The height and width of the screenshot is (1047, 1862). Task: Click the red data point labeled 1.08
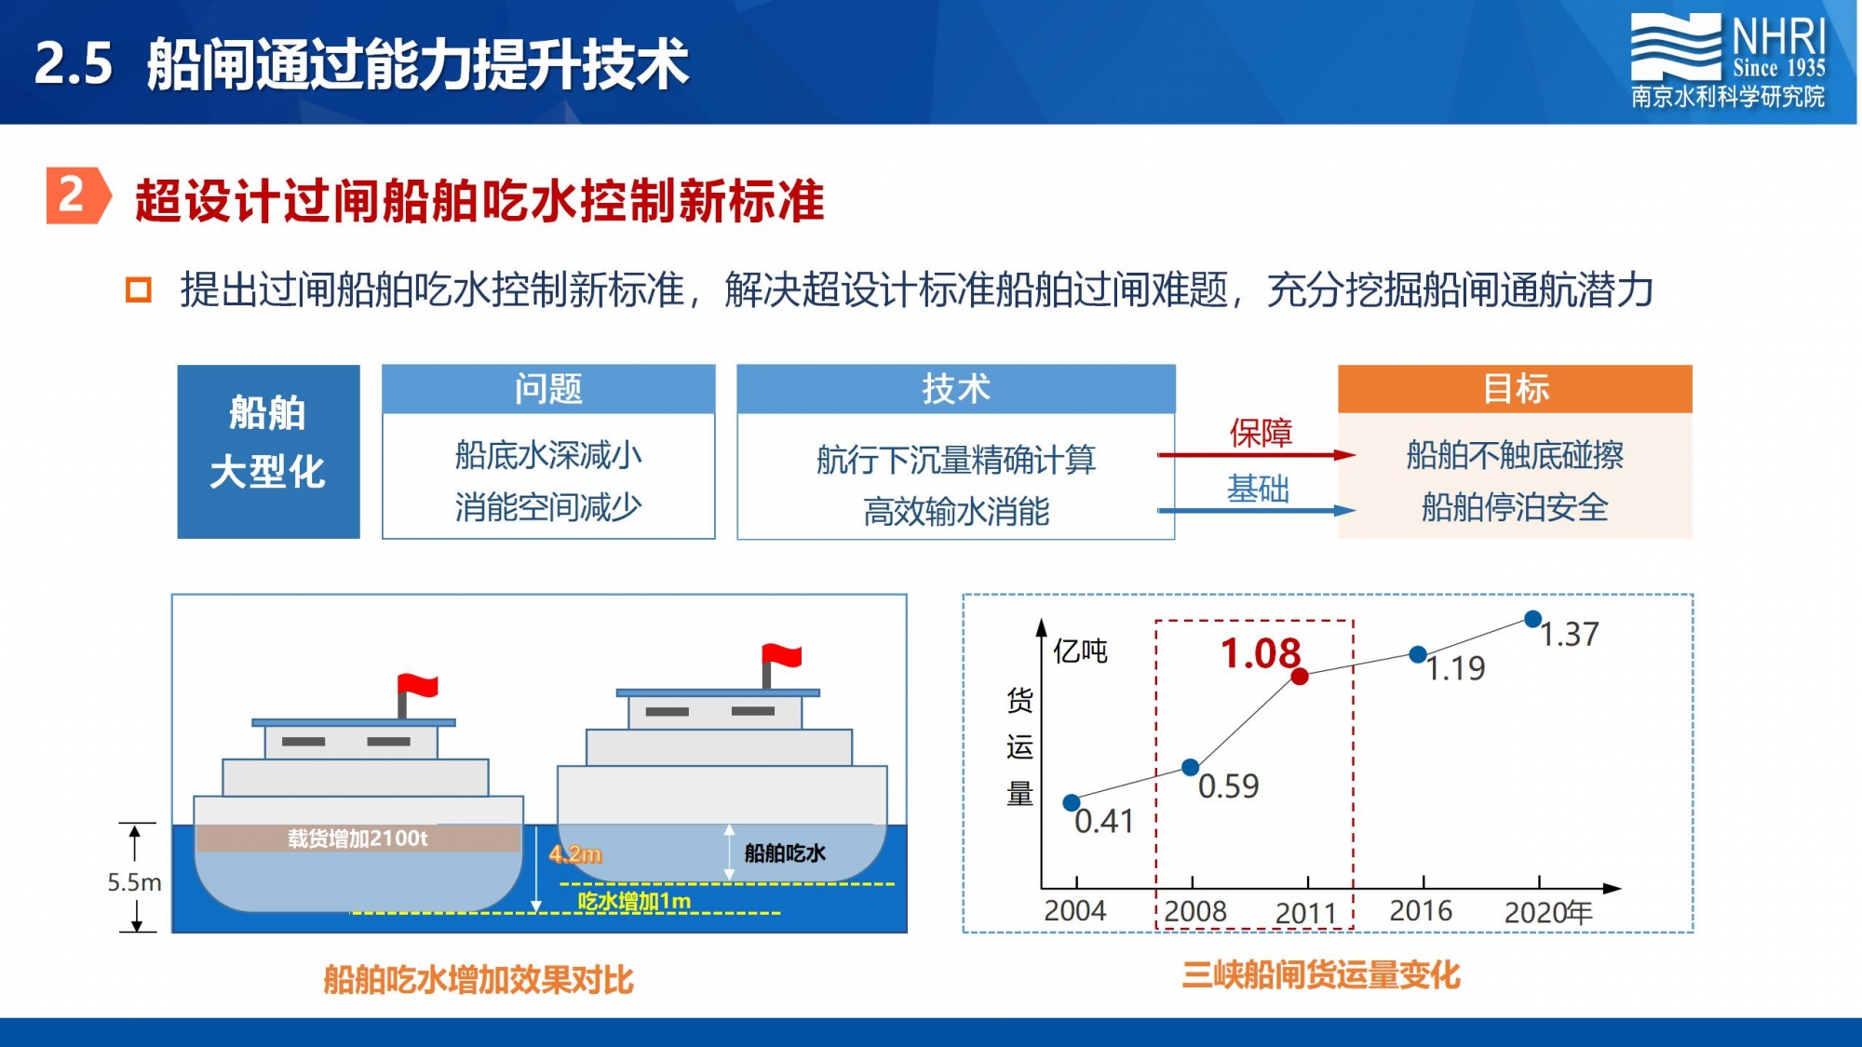tap(1300, 676)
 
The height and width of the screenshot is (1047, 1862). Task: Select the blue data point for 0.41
tap(1072, 802)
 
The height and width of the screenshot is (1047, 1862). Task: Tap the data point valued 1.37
tap(1532, 619)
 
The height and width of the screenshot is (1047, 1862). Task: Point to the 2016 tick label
tap(1421, 910)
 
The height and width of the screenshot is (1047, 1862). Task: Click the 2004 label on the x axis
tap(1075, 910)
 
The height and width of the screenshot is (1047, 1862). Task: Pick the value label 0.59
tap(1228, 786)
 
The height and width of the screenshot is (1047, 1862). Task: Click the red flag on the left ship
tap(417, 686)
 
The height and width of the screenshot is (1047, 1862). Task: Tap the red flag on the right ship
tap(781, 655)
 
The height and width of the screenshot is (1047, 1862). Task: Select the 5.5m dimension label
tap(134, 881)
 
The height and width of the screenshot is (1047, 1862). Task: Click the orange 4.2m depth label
tap(575, 853)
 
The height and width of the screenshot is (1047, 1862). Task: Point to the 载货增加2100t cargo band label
tap(358, 839)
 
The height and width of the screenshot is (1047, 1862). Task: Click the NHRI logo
tap(1728, 60)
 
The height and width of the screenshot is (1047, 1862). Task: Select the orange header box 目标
tap(1515, 389)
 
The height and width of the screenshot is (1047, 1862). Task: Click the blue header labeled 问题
tap(548, 389)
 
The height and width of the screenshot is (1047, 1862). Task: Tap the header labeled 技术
tap(956, 389)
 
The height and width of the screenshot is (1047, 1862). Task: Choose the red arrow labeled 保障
tap(1256, 455)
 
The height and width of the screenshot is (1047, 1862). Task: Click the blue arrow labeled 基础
tap(1256, 510)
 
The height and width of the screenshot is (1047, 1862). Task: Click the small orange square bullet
tap(139, 290)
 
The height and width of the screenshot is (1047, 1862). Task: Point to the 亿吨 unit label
tap(1080, 651)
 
